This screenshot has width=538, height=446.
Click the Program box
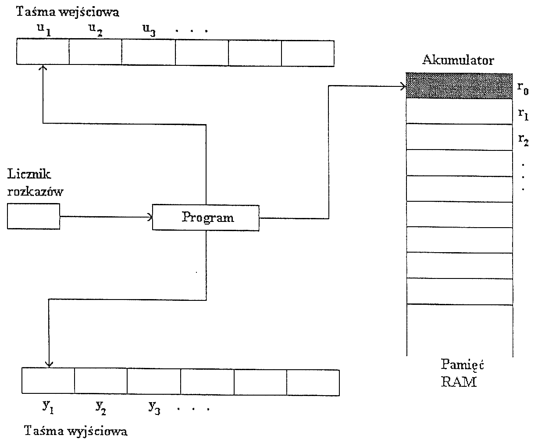tap(206, 218)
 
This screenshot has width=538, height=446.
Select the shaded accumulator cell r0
tap(459, 86)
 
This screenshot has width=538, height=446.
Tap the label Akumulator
tap(458, 61)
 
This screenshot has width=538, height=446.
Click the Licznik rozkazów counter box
tap(33, 217)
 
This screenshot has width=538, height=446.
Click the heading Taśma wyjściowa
tap(76, 431)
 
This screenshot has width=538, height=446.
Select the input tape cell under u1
tap(43, 52)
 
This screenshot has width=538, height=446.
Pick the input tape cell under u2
tap(95, 52)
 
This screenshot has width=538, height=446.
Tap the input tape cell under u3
tap(148, 52)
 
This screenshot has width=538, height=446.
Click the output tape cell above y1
tap(48, 382)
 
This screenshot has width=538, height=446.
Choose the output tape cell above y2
tap(101, 382)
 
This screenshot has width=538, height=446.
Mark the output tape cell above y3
tap(154, 382)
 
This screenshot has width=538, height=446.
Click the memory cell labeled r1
tap(459, 112)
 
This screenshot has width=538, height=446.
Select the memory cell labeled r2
tap(459, 137)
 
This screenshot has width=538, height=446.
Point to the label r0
tap(522, 88)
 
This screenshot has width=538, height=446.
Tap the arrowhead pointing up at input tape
tap(43, 68)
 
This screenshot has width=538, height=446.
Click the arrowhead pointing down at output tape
tap(49, 364)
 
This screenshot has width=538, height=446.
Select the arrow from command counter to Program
tap(105, 216)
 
